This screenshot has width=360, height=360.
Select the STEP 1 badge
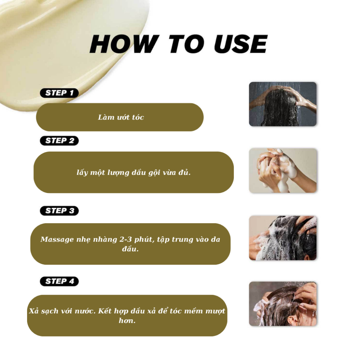coord(59,93)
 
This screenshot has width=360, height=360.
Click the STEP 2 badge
coord(59,141)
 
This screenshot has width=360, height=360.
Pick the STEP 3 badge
coord(59,211)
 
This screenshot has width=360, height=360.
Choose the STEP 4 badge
coord(59,281)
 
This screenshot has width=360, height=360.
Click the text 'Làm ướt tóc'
coord(121,117)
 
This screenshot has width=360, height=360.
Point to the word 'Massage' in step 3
coord(57,240)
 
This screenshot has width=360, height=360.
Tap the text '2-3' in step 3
coord(126,239)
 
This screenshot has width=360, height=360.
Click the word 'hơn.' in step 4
coord(127,321)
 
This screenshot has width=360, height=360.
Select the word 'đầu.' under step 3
coord(130,249)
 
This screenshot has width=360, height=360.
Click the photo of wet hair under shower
coord(283,104)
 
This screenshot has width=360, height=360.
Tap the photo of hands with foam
coord(283,171)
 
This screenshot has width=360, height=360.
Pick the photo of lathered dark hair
coord(283,238)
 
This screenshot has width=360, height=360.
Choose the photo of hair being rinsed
coord(283,304)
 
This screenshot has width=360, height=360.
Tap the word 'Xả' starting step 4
coord(34,311)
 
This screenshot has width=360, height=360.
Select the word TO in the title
coord(186,44)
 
